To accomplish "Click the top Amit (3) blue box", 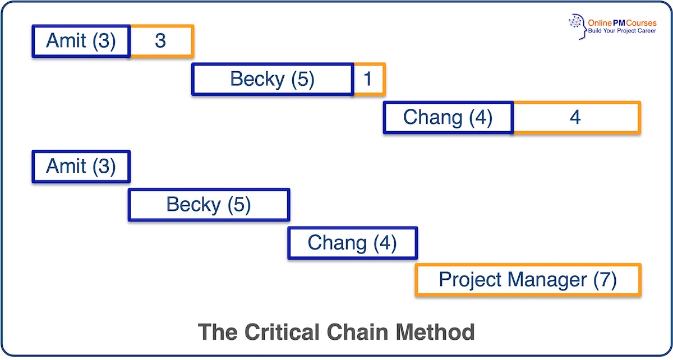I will click(x=81, y=41).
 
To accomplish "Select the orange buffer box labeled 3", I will click(x=161, y=41).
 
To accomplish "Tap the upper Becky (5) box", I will click(x=273, y=79).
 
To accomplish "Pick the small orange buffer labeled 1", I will click(x=368, y=79).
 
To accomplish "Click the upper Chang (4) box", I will click(x=448, y=117).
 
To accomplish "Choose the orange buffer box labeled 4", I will click(x=575, y=117).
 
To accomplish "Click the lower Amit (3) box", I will click(x=81, y=167).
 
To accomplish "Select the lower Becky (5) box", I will click(x=209, y=205).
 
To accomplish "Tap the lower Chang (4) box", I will click(x=352, y=243).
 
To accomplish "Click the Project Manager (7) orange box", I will click(x=528, y=279).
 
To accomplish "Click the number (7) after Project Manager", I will click(x=605, y=279).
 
